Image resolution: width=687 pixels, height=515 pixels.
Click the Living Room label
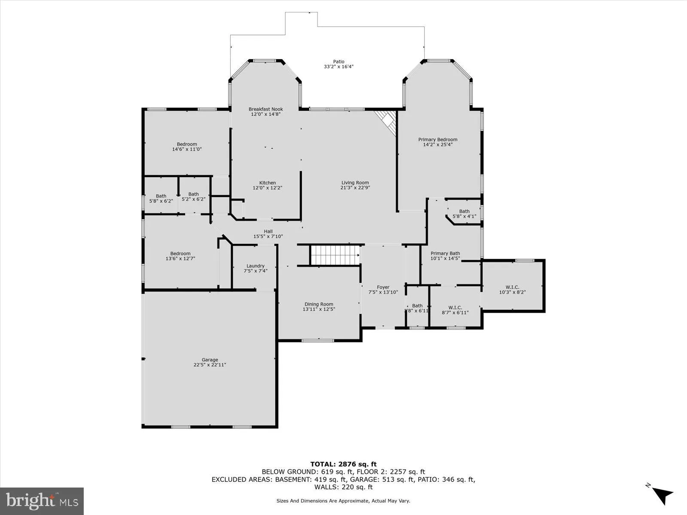pyautogui.click(x=355, y=183)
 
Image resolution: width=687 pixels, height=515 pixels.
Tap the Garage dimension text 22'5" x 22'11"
pyautogui.click(x=210, y=365)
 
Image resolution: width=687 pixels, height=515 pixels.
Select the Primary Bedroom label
pyautogui.click(x=438, y=139)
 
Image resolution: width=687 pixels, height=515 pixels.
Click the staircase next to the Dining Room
pyautogui.click(x=334, y=255)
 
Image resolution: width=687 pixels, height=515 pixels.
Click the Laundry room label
pyautogui.click(x=255, y=266)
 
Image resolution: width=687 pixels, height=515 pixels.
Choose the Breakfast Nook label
pyautogui.click(x=265, y=109)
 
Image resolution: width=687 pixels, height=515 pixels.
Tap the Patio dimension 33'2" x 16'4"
pyautogui.click(x=338, y=67)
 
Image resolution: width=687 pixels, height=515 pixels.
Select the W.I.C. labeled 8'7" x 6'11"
pyautogui.click(x=455, y=307)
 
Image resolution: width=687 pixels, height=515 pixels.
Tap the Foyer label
pyautogui.click(x=383, y=287)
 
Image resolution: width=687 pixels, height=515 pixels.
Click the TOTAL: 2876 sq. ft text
pyautogui.click(x=343, y=464)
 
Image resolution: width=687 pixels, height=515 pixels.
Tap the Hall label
pyautogui.click(x=268, y=231)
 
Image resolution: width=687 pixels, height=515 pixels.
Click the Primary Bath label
pyautogui.click(x=445, y=253)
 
